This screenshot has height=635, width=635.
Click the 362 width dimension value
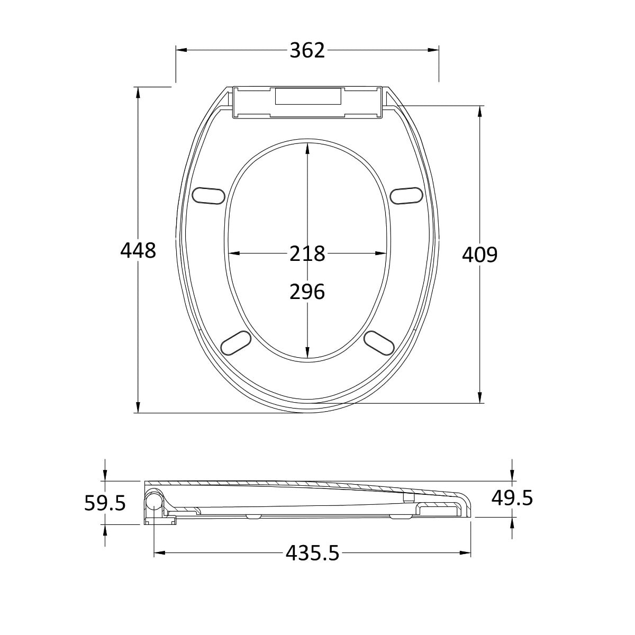point(307,51)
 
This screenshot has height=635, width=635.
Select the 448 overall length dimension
point(138,251)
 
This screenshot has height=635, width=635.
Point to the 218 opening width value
point(307,254)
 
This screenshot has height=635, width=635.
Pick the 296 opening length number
point(307,292)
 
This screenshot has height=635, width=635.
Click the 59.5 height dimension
point(105,503)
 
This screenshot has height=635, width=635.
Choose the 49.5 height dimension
point(512,498)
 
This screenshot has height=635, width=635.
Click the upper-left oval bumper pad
point(208,196)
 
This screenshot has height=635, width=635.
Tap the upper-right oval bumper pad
point(406,196)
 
